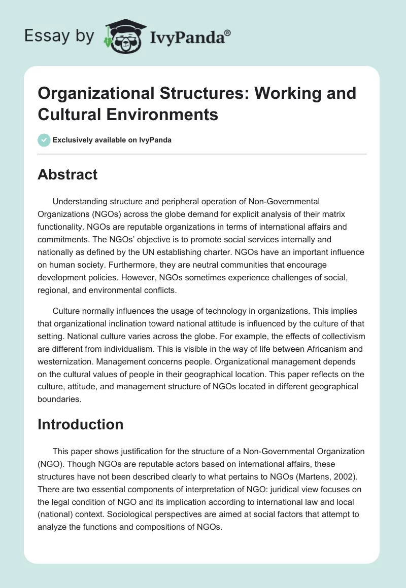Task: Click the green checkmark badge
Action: (x=44, y=140)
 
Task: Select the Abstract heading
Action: (x=67, y=174)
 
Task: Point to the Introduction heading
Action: (x=80, y=424)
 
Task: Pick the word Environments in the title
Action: (x=162, y=115)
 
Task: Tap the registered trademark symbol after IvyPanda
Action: (x=228, y=32)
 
